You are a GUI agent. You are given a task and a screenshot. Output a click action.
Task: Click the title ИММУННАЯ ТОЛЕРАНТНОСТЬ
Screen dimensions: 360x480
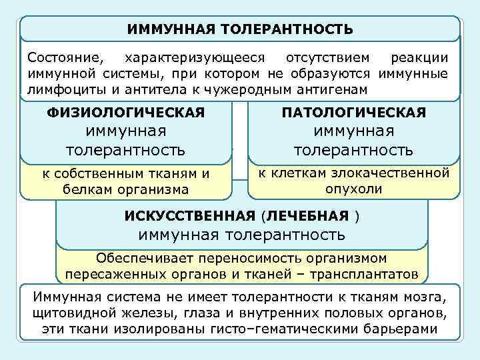click(240, 29)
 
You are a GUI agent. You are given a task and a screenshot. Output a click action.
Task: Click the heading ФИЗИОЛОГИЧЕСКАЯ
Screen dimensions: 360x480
click(126, 113)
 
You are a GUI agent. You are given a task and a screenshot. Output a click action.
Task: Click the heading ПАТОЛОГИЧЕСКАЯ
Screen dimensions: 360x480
click(354, 113)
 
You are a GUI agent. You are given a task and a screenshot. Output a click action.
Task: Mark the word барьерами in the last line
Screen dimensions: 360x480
click(401, 329)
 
